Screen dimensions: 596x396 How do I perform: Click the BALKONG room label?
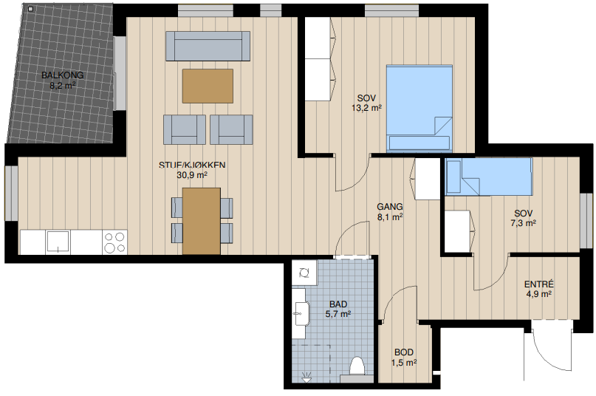pos(62,75)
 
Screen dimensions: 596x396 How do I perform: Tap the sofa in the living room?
pos(208,46)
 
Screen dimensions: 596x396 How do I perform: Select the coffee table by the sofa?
pos(208,86)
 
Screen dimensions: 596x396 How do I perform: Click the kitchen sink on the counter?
pos(58,242)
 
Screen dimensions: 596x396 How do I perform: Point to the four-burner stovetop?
pos(114,242)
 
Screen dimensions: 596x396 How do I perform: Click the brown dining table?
pos(202,221)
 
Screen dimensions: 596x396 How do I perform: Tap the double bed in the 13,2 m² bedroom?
pos(419,109)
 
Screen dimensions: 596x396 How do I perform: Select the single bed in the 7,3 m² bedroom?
pos(489,177)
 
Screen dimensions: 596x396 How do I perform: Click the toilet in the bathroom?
pos(357,368)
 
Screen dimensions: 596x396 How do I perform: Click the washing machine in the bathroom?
pos(304,273)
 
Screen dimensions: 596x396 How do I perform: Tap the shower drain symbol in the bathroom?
pos(306,378)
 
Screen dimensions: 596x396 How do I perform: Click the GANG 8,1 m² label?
pos(390,212)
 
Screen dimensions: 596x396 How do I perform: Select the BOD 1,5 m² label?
pos(404,358)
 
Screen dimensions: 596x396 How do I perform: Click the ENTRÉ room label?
pos(538,284)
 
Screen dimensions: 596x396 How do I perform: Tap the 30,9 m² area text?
pos(192,175)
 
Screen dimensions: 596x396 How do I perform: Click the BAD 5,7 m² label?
pos(338,310)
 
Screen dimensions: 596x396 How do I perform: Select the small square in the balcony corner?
pos(31,9)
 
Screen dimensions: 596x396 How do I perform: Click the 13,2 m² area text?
pos(366,108)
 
